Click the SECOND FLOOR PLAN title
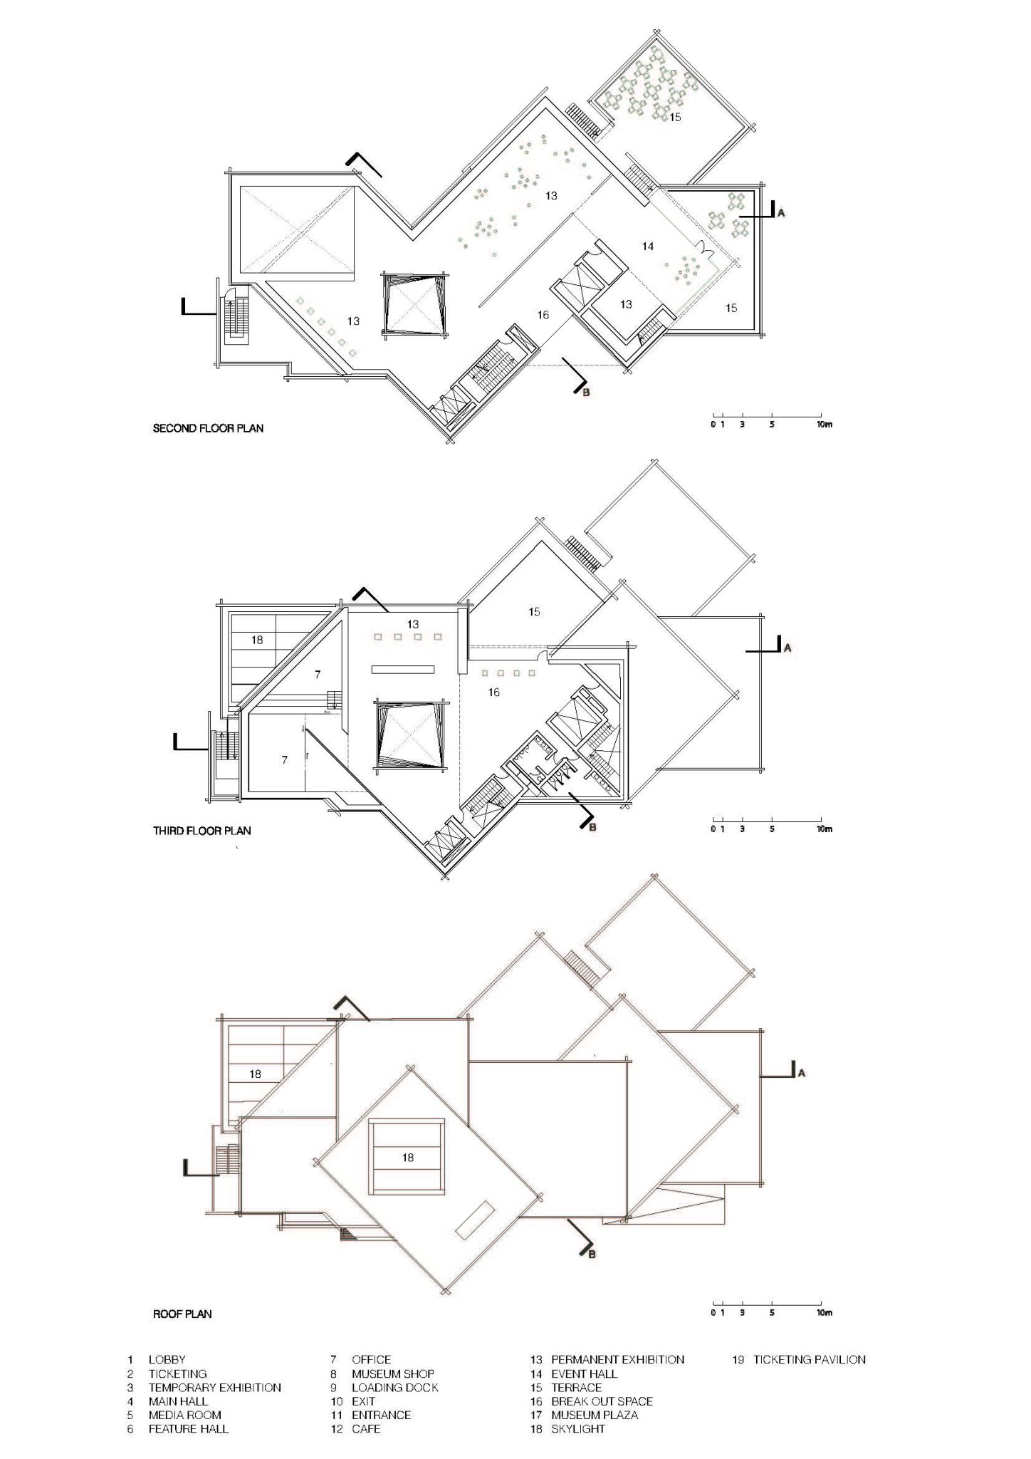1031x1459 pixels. [208, 428]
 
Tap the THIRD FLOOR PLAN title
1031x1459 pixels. [202, 830]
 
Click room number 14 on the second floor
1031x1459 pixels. [647, 246]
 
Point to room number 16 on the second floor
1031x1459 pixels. [543, 314]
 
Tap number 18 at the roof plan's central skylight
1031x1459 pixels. [407, 1158]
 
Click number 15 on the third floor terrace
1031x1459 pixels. [535, 611]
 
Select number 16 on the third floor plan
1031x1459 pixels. [494, 692]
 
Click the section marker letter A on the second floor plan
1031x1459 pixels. [780, 213]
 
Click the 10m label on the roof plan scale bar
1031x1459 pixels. [824, 1312]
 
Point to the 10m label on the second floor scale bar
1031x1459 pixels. [824, 424]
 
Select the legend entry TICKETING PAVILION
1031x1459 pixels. [810, 1359]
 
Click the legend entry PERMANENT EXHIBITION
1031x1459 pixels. [617, 1359]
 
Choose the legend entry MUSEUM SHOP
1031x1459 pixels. [392, 1374]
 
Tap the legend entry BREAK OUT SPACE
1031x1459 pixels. [602, 1401]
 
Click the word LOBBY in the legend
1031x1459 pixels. [167, 1359]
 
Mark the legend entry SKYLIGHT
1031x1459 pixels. [577, 1428]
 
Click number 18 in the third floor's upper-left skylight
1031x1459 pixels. [257, 640]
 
